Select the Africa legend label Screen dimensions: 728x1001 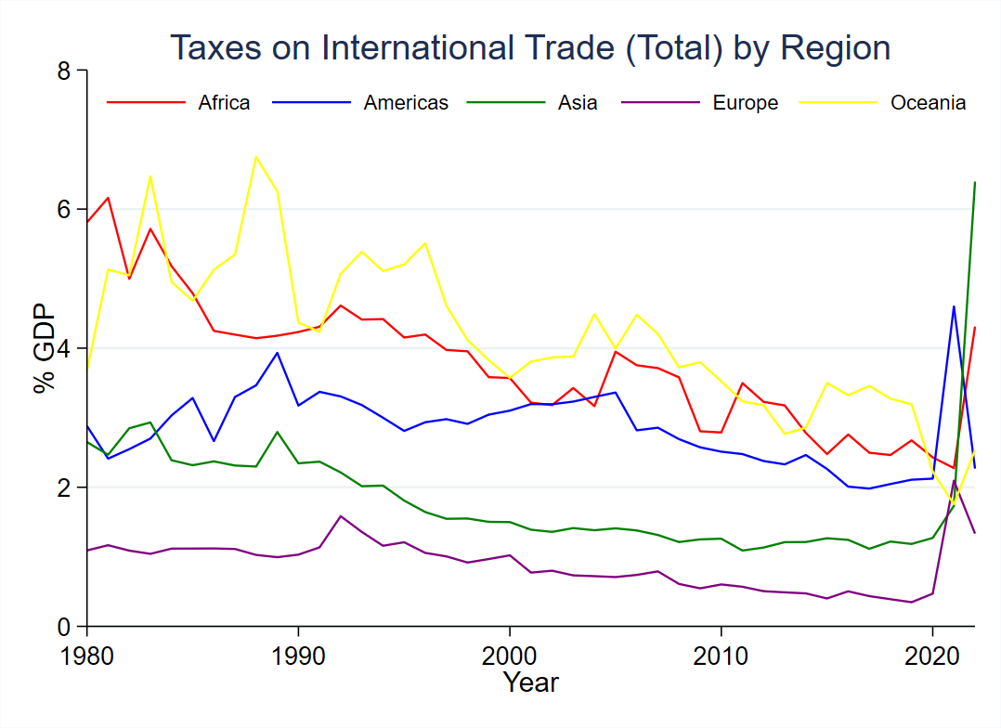point(224,103)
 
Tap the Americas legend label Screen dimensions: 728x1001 point(406,103)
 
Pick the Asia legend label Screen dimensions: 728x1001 point(578,103)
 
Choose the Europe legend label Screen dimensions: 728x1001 point(746,103)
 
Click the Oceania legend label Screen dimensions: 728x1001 point(929,103)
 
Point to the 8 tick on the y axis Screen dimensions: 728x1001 point(63,71)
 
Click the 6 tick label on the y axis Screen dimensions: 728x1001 point(63,210)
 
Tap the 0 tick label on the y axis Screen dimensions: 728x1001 point(63,627)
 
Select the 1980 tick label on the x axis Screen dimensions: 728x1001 point(86,653)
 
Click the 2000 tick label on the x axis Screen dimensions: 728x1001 point(509,653)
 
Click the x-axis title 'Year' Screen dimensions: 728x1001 point(531,683)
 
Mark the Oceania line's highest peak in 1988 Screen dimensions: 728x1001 point(255,156)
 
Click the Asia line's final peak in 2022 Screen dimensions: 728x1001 point(974,182)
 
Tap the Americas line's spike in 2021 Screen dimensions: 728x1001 point(954,306)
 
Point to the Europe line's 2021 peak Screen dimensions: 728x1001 point(954,481)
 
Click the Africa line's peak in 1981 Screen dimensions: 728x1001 point(108,198)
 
